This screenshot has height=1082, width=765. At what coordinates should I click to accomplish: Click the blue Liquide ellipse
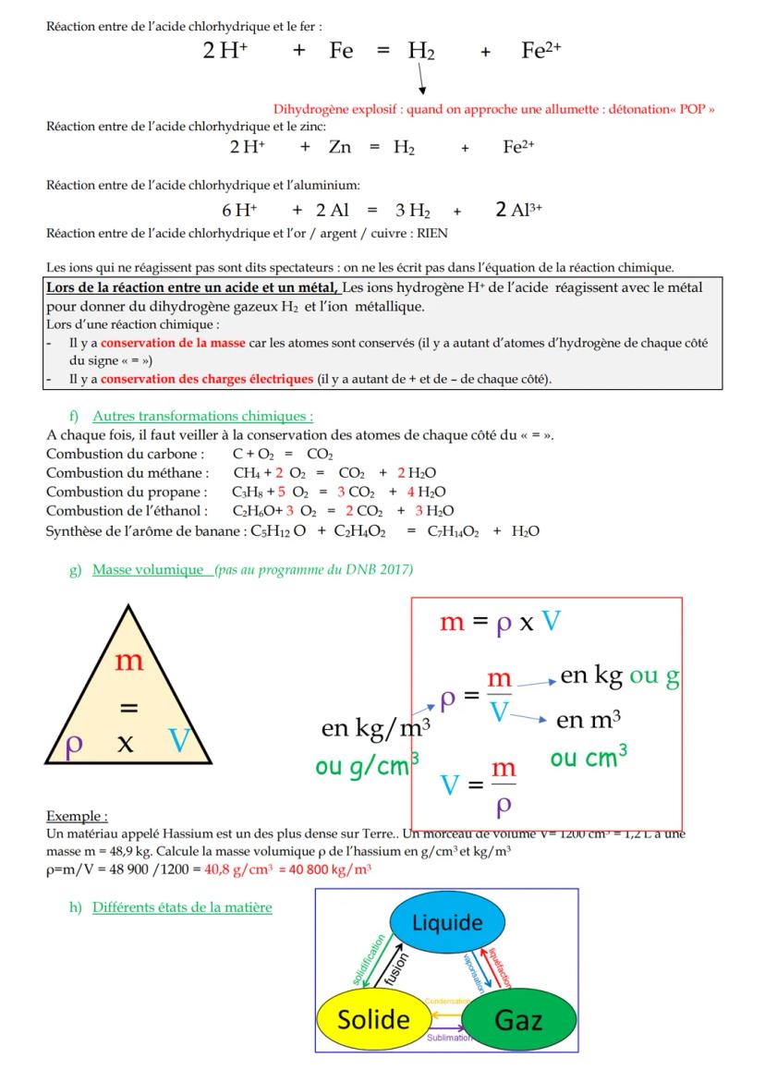[x=447, y=923]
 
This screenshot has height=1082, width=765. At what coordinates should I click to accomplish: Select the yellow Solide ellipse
[x=373, y=1019]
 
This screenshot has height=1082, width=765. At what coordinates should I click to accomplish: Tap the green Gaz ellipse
[x=518, y=1021]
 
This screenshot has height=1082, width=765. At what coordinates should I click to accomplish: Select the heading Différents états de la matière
[x=182, y=907]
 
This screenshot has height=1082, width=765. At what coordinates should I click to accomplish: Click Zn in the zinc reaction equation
[x=339, y=147]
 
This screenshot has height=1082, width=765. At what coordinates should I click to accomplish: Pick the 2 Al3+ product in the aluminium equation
[x=518, y=210]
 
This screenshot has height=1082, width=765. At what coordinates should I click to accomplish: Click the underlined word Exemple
[x=77, y=816]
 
